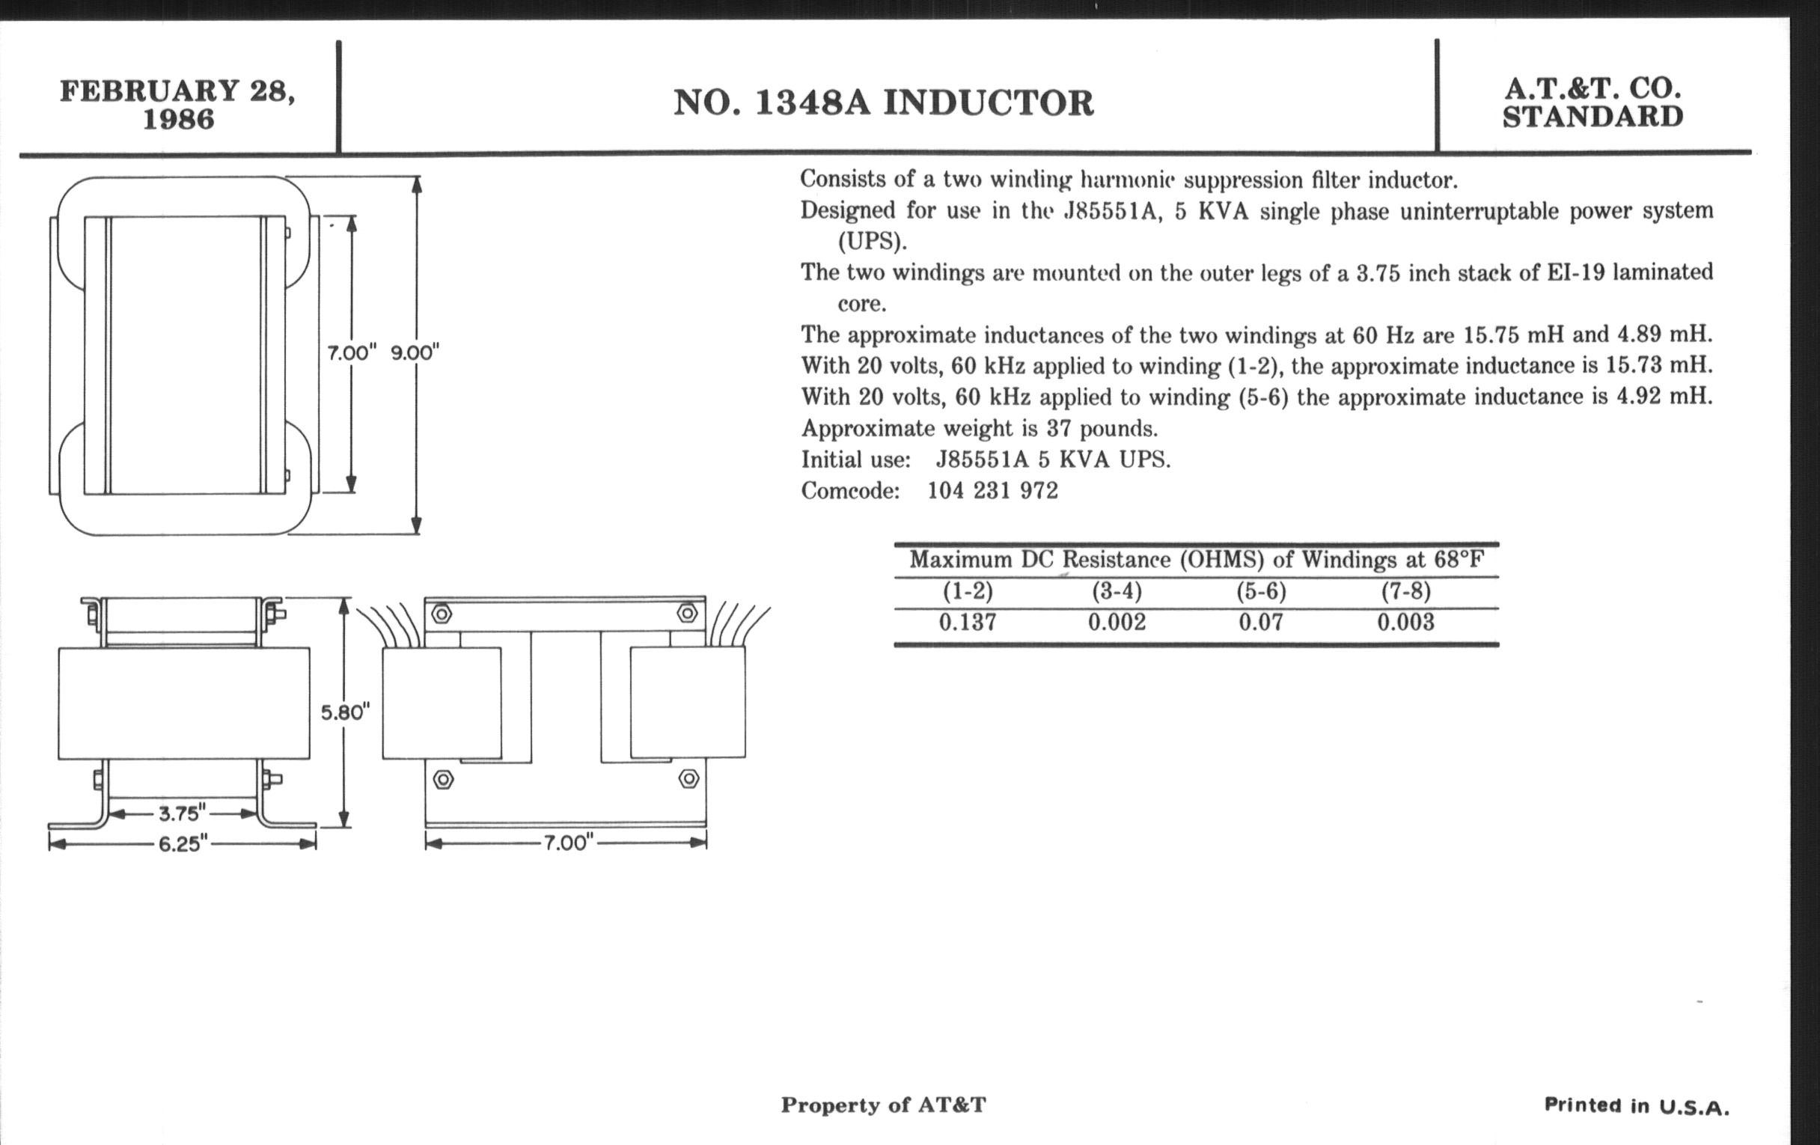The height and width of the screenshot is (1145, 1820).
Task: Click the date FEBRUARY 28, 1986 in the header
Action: (177, 104)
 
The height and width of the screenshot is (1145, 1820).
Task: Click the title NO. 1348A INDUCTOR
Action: (884, 103)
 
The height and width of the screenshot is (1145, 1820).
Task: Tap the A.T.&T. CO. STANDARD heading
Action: (1592, 103)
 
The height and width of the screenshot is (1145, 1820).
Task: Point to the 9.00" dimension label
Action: (415, 353)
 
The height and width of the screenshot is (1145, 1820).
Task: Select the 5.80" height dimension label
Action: (346, 712)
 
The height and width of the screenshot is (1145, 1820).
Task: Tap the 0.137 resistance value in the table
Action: (968, 622)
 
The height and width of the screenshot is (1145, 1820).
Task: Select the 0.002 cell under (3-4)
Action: (1117, 622)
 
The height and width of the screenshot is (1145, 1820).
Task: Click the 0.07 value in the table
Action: (1261, 622)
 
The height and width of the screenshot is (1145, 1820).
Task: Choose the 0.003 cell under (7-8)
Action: (1405, 622)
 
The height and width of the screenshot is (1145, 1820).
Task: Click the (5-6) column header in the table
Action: (1261, 591)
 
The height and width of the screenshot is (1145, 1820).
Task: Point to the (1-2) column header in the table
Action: (968, 591)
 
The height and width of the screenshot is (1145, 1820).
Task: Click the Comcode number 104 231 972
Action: (992, 491)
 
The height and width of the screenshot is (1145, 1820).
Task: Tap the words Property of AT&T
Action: (884, 1105)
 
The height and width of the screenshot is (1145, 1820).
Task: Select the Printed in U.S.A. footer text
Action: (1637, 1105)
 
